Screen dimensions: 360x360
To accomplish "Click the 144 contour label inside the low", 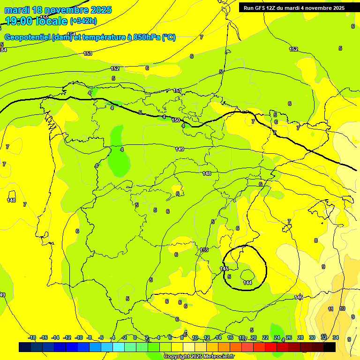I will (x=247, y=283).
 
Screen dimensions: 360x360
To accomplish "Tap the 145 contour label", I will (x=224, y=269).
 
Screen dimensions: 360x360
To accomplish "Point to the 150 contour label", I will (x=176, y=120).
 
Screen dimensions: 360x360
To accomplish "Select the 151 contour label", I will (x=177, y=90).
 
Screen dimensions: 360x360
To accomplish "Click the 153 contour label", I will (x=88, y=54).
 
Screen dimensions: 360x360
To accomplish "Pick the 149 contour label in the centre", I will (x=180, y=149).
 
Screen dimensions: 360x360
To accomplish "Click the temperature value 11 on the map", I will (x=330, y=309).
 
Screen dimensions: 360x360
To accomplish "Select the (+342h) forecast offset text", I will (x=83, y=21).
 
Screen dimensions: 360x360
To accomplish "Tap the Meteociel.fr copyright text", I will (x=199, y=357).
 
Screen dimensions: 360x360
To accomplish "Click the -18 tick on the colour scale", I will (x=32, y=337).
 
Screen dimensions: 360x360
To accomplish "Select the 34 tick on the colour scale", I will (x=336, y=337).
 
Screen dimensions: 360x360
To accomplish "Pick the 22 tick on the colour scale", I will (x=265, y=337).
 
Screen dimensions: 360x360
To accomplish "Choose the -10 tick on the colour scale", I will (x=79, y=337).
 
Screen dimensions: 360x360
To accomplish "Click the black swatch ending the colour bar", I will (x=330, y=347).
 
